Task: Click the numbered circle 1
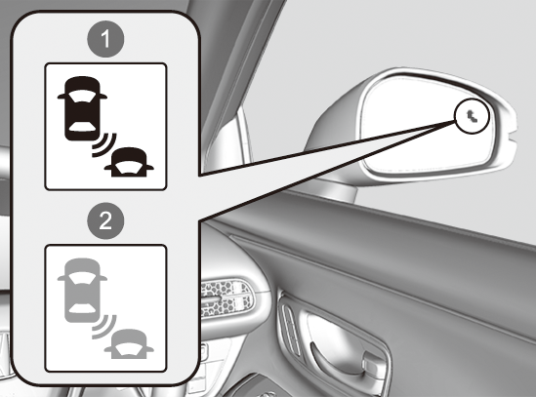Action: tap(105, 39)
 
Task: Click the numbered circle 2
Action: tap(105, 220)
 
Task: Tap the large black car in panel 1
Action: tap(82, 108)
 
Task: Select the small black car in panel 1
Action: tap(129, 162)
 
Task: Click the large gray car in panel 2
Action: tap(82, 291)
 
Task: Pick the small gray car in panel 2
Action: tap(129, 344)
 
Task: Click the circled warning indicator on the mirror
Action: tap(473, 116)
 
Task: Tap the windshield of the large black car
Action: tap(82, 97)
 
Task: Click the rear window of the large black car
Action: tap(82, 126)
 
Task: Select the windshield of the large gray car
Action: tap(82, 278)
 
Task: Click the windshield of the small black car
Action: tap(129, 166)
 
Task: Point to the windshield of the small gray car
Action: tap(129, 348)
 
